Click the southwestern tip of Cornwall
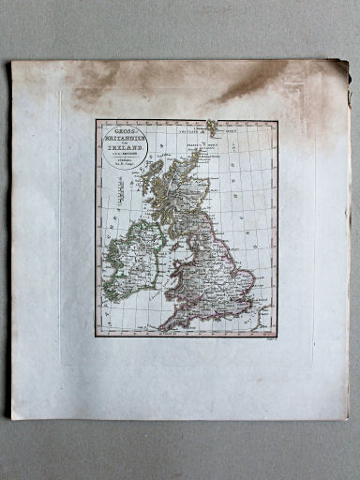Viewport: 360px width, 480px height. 167,324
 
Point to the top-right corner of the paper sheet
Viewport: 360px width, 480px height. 347,63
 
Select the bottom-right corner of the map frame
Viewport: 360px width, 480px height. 277,337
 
